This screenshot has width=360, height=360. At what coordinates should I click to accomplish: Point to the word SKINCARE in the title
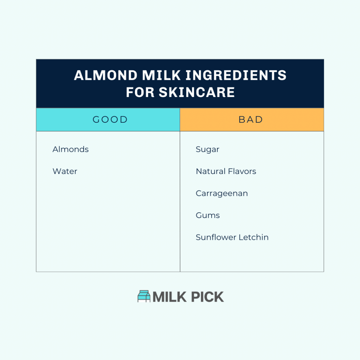[x=197, y=92]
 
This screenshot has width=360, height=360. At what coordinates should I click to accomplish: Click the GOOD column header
[x=110, y=120]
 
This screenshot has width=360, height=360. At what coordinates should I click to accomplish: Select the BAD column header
[x=251, y=120]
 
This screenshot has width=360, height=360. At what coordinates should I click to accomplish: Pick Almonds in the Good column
[x=70, y=149]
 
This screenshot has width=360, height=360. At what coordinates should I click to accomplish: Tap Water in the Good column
[x=65, y=172]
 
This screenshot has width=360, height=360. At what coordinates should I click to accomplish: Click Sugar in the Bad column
[x=207, y=149]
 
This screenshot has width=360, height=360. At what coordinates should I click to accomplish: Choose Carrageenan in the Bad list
[x=221, y=193]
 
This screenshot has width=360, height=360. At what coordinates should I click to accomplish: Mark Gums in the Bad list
[x=207, y=216]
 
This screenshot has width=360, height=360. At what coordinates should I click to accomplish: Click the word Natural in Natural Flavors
[x=209, y=172]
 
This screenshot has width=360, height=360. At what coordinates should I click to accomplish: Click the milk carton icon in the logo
[x=144, y=296]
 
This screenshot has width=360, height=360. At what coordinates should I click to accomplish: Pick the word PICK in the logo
[x=207, y=297]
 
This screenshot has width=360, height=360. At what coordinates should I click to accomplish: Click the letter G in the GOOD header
[x=96, y=120]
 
